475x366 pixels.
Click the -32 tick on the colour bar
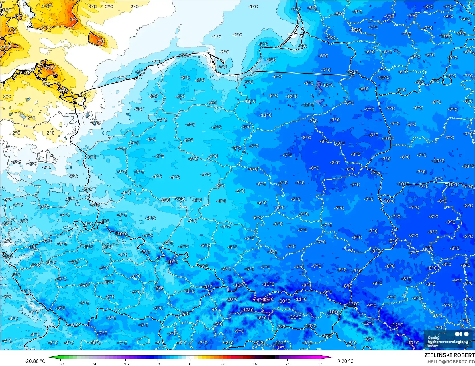tap(61, 364)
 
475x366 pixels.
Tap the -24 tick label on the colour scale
tap(93, 364)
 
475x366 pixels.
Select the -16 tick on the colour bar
tap(125, 364)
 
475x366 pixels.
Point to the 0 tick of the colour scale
tap(190, 364)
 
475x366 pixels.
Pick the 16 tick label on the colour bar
tap(255, 364)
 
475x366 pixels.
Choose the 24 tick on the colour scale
tap(287, 364)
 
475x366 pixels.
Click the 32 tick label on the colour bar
tap(320, 364)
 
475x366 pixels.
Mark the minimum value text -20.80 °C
tap(34, 361)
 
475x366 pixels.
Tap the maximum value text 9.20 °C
tap(345, 361)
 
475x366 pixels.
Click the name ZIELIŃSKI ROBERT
tap(449, 355)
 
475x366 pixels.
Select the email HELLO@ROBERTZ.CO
tap(451, 362)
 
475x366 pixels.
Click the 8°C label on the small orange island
tap(101, 41)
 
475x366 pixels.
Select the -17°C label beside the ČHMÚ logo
tap(412, 343)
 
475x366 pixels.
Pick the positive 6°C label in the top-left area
tap(12, 31)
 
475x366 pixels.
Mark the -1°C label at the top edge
tap(253, 7)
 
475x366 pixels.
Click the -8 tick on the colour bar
tap(158, 364)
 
